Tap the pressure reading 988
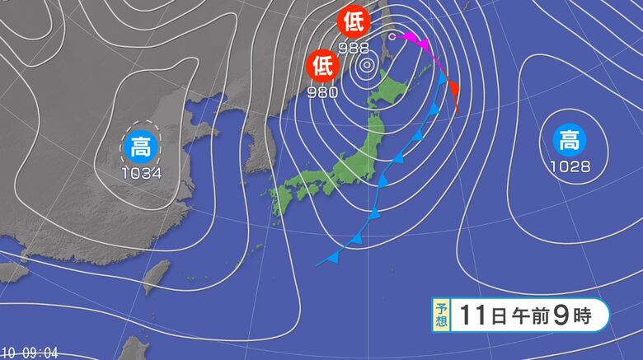pyautogui.click(x=353, y=48)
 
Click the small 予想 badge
pyautogui.click(x=442, y=315)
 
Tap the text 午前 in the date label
pyautogui.click(x=525, y=314)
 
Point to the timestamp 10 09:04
pyautogui.click(x=30, y=353)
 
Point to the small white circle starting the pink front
pyautogui.click(x=392, y=36)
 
